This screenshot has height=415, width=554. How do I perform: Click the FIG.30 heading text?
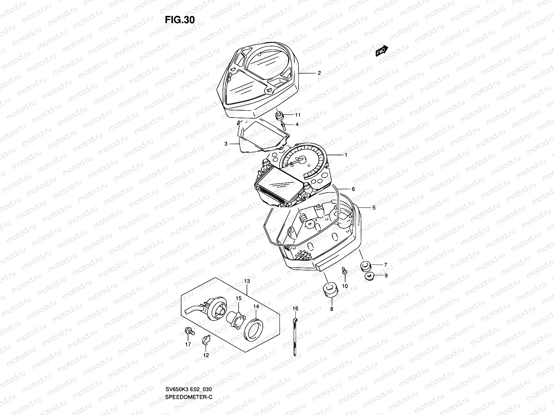[180, 20]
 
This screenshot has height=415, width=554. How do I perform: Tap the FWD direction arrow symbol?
[382, 51]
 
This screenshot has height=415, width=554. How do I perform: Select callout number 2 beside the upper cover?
[319, 73]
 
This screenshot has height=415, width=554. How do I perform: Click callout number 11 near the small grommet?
[297, 115]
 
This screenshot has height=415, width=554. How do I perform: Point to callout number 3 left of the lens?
[226, 144]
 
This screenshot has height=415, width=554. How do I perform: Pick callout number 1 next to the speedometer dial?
[346, 155]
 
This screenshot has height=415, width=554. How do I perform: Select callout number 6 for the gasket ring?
[353, 189]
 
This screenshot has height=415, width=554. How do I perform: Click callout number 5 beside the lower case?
[374, 208]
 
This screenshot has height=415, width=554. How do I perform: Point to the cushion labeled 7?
[365, 267]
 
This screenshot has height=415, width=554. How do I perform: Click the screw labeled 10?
[345, 271]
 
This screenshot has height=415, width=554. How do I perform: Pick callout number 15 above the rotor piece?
[238, 298]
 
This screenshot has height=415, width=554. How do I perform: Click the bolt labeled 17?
[189, 331]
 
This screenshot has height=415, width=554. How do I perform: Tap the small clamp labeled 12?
[206, 341]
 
